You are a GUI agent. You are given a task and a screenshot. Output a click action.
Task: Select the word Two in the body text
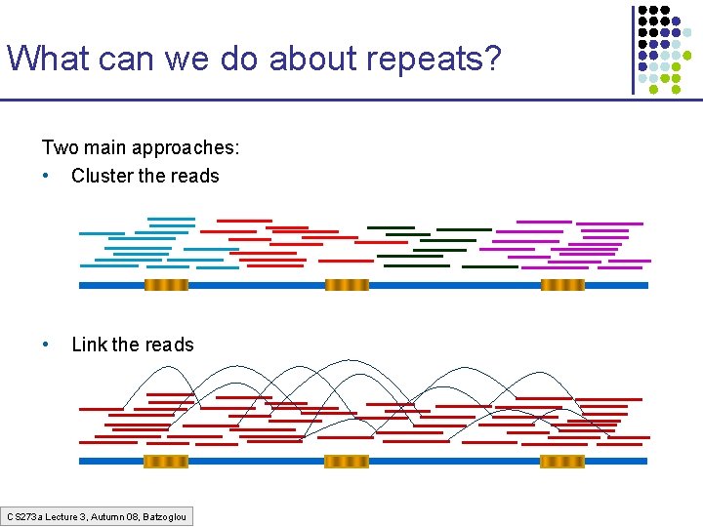[x=58, y=147]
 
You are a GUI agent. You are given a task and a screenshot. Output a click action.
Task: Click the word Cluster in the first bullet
[x=103, y=176]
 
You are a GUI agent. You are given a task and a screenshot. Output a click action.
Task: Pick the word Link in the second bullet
[x=90, y=345]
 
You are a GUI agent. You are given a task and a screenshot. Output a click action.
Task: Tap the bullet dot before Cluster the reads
[x=46, y=176]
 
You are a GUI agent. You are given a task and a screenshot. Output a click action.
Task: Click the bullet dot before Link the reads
[x=46, y=345]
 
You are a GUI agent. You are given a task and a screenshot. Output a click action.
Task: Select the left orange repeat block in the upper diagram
[x=166, y=285]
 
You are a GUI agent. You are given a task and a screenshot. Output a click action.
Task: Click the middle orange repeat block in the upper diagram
[x=347, y=285]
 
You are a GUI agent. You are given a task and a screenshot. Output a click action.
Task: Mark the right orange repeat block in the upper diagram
[x=562, y=285]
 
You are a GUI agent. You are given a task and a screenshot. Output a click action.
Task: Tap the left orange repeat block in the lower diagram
[x=166, y=461]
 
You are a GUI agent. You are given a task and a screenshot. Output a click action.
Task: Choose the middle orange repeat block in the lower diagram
[x=347, y=461]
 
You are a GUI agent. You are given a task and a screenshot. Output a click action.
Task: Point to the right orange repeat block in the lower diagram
[x=562, y=461]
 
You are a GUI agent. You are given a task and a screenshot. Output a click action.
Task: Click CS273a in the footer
[x=21, y=516]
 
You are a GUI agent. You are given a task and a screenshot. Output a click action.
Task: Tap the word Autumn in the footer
[x=106, y=516]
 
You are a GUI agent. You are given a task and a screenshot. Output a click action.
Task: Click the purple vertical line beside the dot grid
[x=633, y=49]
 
